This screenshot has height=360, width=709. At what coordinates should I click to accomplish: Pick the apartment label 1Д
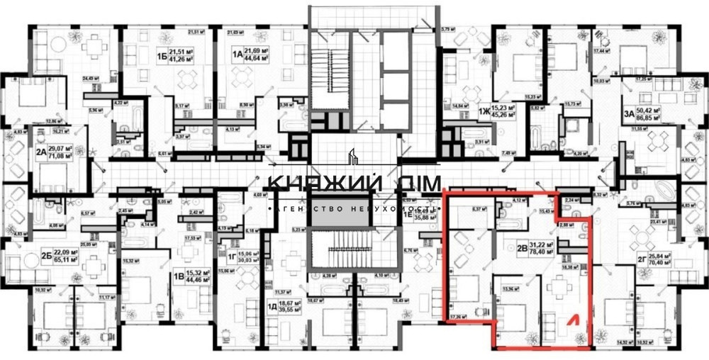pos(273,307)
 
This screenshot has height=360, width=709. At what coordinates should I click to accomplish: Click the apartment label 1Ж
pos(485,111)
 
